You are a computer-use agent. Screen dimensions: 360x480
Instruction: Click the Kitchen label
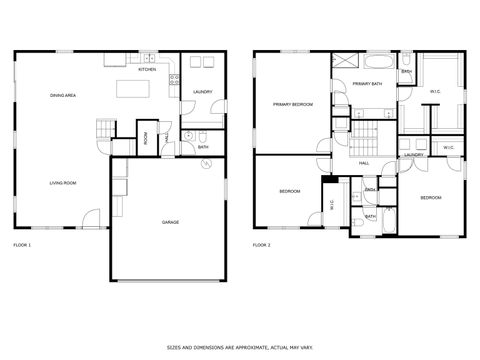click(146, 70)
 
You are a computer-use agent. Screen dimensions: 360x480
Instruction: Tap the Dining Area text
click(64, 95)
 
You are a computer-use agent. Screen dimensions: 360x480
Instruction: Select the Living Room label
click(64, 183)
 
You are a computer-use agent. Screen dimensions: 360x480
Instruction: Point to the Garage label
click(170, 221)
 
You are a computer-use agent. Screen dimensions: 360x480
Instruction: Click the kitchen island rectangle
click(132, 90)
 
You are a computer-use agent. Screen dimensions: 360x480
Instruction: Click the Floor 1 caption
click(22, 245)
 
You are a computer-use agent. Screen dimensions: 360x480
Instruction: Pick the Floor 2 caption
click(262, 245)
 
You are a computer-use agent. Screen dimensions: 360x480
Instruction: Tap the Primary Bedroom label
click(289, 104)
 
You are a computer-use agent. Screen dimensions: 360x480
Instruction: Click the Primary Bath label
click(367, 85)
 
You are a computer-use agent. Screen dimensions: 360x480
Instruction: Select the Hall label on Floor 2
click(364, 162)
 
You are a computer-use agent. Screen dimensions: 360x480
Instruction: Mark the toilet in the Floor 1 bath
click(201, 136)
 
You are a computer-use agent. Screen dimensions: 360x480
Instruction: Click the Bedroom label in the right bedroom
click(430, 198)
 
